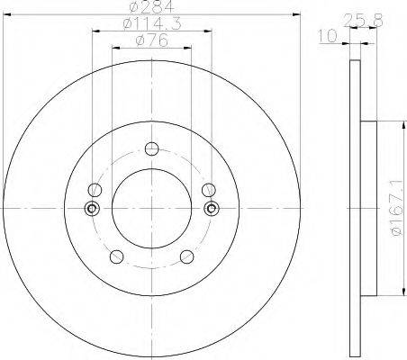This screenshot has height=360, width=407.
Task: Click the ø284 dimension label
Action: (x=152, y=7)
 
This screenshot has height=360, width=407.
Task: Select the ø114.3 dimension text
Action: (x=152, y=24)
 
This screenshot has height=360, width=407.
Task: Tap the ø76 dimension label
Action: (x=151, y=40)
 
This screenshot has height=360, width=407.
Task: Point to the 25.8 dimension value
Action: (x=363, y=21)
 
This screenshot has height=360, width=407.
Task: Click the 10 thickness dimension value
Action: (x=328, y=36)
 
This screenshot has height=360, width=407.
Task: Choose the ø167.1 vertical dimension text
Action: (x=396, y=208)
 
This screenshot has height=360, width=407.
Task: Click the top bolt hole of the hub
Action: (x=151, y=148)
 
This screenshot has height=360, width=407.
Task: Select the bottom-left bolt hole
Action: (x=116, y=256)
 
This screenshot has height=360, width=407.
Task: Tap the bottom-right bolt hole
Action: (x=187, y=256)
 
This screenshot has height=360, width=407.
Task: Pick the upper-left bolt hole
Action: (x=95, y=190)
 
